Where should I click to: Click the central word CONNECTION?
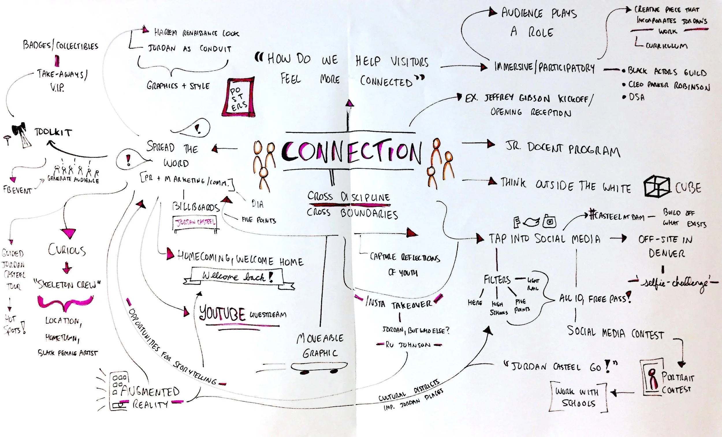(352, 151)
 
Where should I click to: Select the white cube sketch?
(657, 186)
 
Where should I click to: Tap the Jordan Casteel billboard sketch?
(195, 223)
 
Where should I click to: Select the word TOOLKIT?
(53, 132)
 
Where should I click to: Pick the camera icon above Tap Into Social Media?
(549, 222)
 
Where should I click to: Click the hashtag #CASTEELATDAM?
(617, 216)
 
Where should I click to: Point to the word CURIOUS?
(67, 250)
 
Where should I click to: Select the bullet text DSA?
(637, 97)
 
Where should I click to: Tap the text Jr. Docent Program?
(563, 150)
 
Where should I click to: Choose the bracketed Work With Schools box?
(577, 397)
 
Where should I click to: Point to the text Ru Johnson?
(409, 345)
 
